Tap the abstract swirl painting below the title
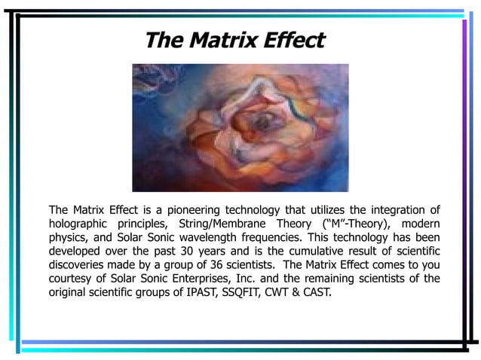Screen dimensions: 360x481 240,127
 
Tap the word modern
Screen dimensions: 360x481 420,225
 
